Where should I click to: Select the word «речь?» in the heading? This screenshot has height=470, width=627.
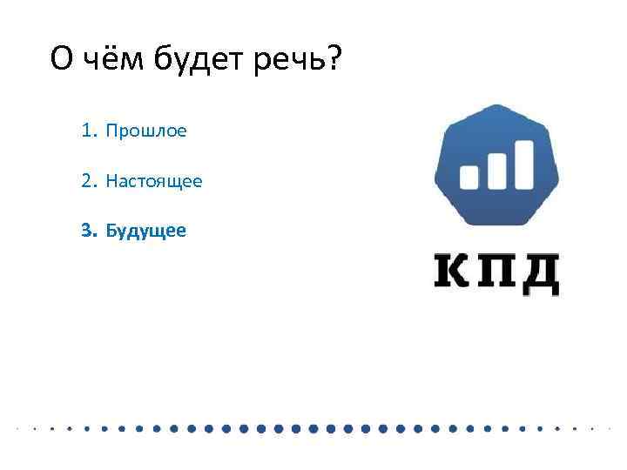click(x=297, y=60)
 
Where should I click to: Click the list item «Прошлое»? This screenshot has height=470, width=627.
click(x=146, y=131)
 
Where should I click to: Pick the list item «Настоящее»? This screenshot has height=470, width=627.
click(x=154, y=181)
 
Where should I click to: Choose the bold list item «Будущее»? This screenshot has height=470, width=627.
click(x=145, y=231)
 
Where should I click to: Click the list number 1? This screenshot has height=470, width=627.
click(x=87, y=131)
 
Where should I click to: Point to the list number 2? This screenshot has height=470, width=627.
click(x=87, y=181)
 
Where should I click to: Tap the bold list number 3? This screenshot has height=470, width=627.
click(x=86, y=231)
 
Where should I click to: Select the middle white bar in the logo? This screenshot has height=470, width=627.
click(x=498, y=170)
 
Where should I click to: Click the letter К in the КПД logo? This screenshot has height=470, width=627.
click(x=453, y=272)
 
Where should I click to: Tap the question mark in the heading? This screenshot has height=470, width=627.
click(x=334, y=59)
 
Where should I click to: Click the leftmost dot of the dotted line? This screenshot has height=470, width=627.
click(x=18, y=428)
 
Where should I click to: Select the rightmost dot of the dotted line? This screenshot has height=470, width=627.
click(x=609, y=428)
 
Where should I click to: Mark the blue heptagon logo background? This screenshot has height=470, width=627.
click(x=496, y=131)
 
